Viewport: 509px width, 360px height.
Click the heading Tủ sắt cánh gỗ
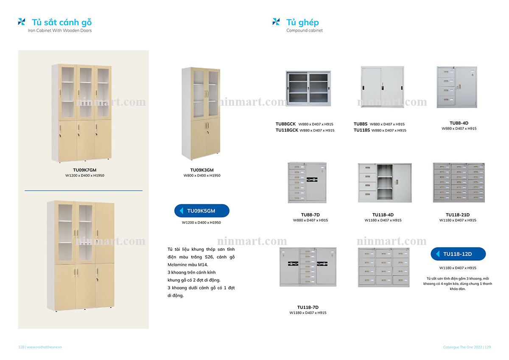point(62,22)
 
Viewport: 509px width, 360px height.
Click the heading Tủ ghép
point(302,22)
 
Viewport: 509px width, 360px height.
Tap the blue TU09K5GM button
point(202,211)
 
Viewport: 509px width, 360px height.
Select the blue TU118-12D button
point(458,254)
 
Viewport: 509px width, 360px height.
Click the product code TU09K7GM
point(84,170)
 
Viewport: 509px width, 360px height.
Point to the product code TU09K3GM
point(202,170)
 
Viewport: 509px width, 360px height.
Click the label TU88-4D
point(459,123)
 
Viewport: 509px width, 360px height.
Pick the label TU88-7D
point(310,215)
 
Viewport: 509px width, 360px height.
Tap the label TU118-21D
point(458,215)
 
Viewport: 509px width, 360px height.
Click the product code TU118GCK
point(287,130)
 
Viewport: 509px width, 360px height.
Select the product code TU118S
point(362,130)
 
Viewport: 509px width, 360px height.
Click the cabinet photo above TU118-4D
point(384,182)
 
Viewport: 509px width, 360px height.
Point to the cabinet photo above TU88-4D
point(457,87)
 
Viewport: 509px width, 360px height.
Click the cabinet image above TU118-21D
point(459,182)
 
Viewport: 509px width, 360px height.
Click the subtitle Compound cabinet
point(304,31)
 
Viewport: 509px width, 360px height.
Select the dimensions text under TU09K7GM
point(84,175)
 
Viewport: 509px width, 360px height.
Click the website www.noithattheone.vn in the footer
point(45,347)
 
